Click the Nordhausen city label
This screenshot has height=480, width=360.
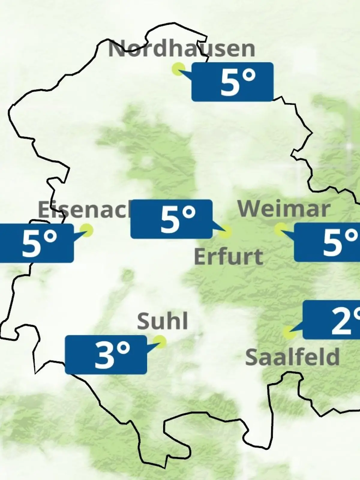(x=181, y=49)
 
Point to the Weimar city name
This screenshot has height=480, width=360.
(x=284, y=209)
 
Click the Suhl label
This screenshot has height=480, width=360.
(x=162, y=321)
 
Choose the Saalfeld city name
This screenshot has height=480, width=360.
(x=292, y=357)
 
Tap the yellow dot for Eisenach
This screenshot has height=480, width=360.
(x=87, y=230)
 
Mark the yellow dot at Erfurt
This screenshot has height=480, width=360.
(x=225, y=232)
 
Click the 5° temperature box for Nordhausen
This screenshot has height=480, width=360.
(x=232, y=82)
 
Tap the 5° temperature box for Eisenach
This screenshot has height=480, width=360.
(x=37, y=243)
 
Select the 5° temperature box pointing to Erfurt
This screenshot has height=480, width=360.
(x=172, y=219)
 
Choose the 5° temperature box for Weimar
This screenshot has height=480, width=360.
(x=327, y=242)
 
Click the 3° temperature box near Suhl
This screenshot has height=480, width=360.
(x=106, y=355)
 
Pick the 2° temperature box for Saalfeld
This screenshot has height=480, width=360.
(x=331, y=320)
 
